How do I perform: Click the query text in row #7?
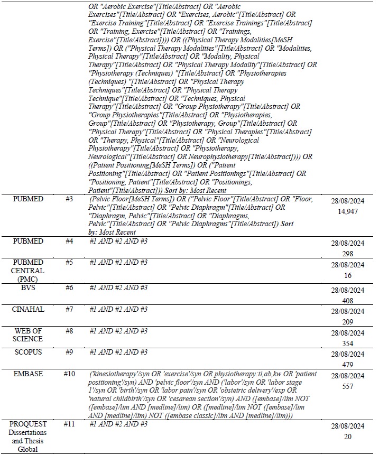[118, 309]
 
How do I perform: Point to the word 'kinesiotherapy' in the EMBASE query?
[114, 374]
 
